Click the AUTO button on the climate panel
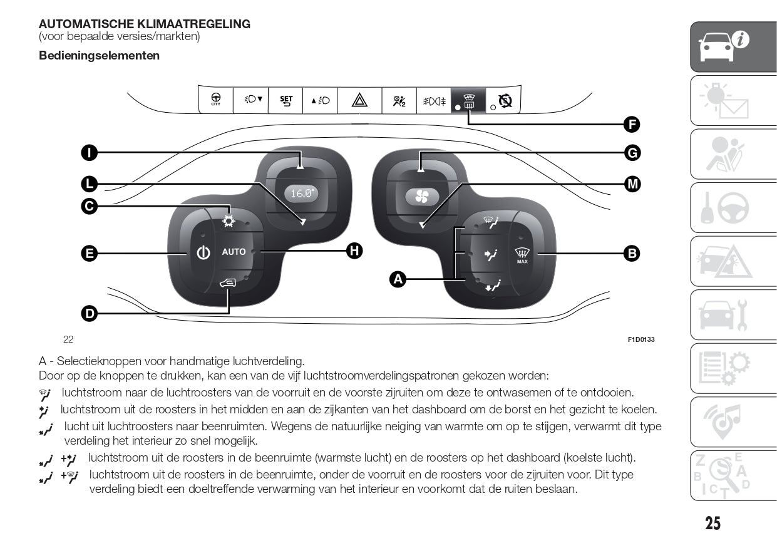[234, 252]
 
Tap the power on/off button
[202, 253]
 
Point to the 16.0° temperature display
[301, 194]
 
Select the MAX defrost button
[522, 255]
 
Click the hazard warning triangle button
[359, 100]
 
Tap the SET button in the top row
[286, 100]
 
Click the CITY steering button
[215, 100]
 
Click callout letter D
[90, 313]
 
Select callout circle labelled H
[354, 251]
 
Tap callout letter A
[398, 279]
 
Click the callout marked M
[632, 184]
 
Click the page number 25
[713, 523]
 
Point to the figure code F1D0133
[641, 339]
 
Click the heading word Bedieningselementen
[99, 56]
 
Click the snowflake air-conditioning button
[229, 220]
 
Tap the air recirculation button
[229, 284]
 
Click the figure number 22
[68, 339]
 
